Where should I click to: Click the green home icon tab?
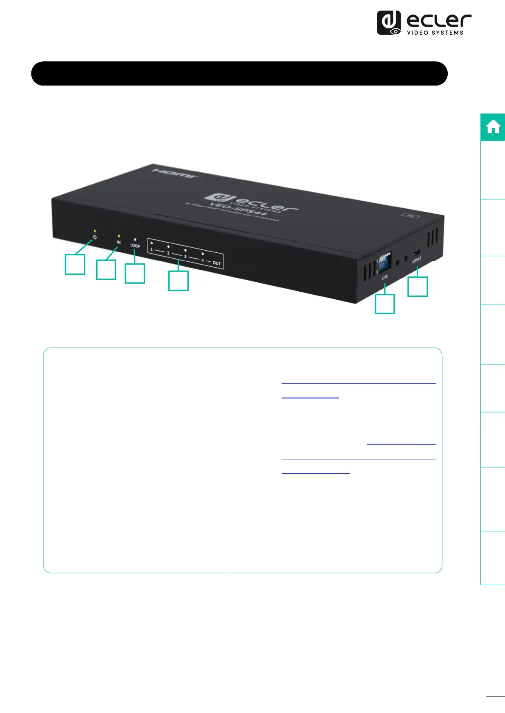[493, 127]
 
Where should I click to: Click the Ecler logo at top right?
[424, 23]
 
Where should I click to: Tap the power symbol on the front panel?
[95, 237]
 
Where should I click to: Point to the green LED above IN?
[119, 236]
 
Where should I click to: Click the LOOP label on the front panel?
[135, 246]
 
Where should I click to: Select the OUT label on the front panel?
[217, 263]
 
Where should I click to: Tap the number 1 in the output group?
[151, 249]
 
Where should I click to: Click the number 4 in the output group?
[203, 260]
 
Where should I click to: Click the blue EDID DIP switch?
[385, 263]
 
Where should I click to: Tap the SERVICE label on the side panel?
[417, 260]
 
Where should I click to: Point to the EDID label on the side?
[385, 277]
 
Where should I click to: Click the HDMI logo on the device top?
[175, 173]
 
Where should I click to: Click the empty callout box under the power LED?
[75, 264]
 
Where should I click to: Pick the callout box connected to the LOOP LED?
[135, 273]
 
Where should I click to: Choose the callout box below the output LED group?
[179, 281]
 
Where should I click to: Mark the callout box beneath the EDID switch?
[385, 304]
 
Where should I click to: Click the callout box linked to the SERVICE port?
[418, 287]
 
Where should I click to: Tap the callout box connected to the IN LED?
[106, 270]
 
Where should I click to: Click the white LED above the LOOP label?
[135, 240]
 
